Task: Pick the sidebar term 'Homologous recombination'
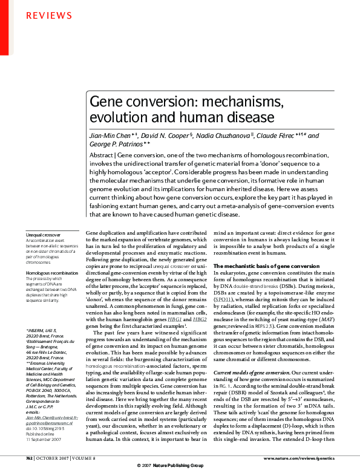coord(50,273)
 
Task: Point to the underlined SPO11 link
coord(222,299)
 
